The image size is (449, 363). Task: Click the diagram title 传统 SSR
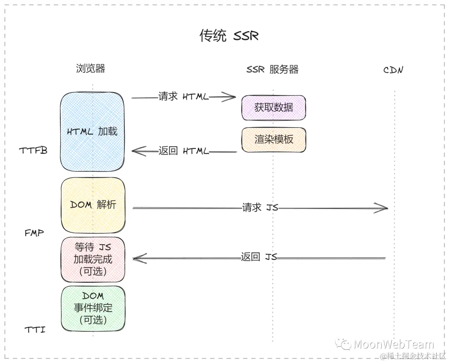229,36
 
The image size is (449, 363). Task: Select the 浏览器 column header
91,69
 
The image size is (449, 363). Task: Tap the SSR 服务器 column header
272,69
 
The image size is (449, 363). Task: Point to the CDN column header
393,70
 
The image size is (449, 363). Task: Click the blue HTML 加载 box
92,131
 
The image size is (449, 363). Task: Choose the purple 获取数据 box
274,107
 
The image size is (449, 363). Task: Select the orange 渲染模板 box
274,139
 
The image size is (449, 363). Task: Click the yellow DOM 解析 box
93,205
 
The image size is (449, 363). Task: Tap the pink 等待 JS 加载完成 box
93,259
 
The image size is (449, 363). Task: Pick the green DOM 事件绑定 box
93,308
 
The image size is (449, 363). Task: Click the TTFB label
33,151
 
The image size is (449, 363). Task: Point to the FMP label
34,233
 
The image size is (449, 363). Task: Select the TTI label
35,330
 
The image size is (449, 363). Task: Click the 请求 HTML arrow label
183,96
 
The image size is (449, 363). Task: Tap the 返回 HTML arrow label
183,151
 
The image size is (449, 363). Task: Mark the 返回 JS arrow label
259,257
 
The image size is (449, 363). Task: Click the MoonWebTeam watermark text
393,344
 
